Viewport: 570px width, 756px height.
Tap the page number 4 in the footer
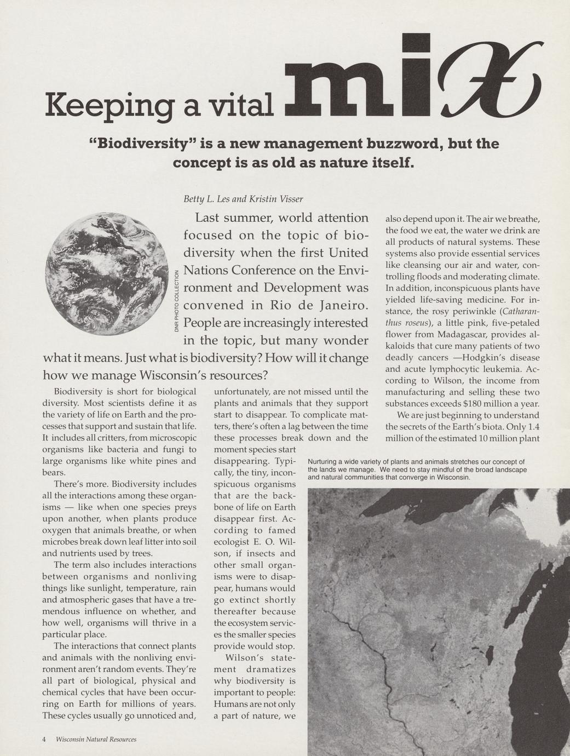[44, 739]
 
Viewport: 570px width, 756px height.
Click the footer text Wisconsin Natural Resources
[96, 739]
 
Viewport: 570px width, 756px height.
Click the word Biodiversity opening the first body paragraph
[78, 392]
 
